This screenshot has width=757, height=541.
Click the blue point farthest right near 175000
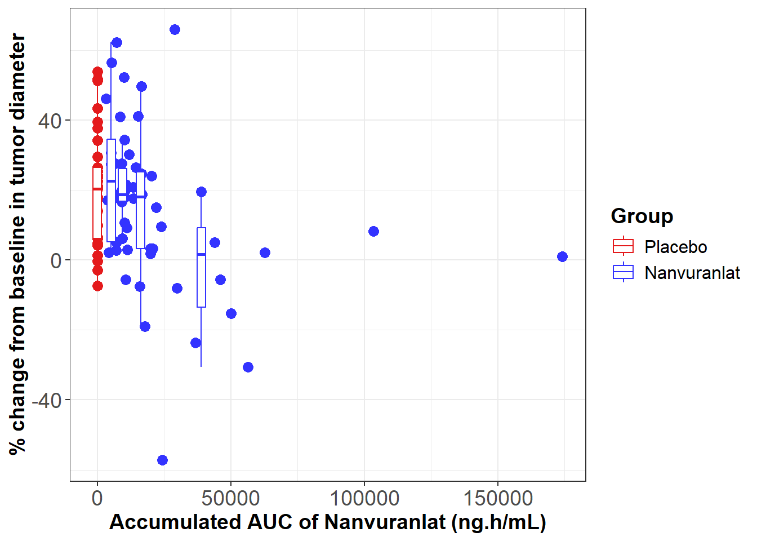[x=562, y=256]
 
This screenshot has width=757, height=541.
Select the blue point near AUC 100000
[x=373, y=231]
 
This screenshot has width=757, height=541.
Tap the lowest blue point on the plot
[x=162, y=460]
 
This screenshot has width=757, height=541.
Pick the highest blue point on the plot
[x=175, y=29]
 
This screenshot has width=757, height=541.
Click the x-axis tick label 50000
[x=231, y=498]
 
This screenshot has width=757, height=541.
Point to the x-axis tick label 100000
[x=364, y=498]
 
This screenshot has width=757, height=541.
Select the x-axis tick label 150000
[x=498, y=498]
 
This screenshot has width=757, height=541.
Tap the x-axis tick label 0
[x=97, y=498]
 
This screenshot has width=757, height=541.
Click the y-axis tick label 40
[x=50, y=121]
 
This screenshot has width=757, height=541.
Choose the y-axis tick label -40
[x=47, y=400]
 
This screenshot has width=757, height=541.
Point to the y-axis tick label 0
[x=56, y=260]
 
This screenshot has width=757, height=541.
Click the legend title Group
[x=642, y=216]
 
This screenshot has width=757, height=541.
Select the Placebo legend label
[x=675, y=247]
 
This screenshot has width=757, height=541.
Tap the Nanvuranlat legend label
[x=692, y=273]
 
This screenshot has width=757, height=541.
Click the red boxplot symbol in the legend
[x=623, y=246]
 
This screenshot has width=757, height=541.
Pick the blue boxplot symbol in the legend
[x=623, y=272]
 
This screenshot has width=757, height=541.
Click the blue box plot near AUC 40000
[x=201, y=267]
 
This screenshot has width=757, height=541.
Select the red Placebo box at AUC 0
[x=97, y=203]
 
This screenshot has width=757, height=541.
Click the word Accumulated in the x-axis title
[x=173, y=522]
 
